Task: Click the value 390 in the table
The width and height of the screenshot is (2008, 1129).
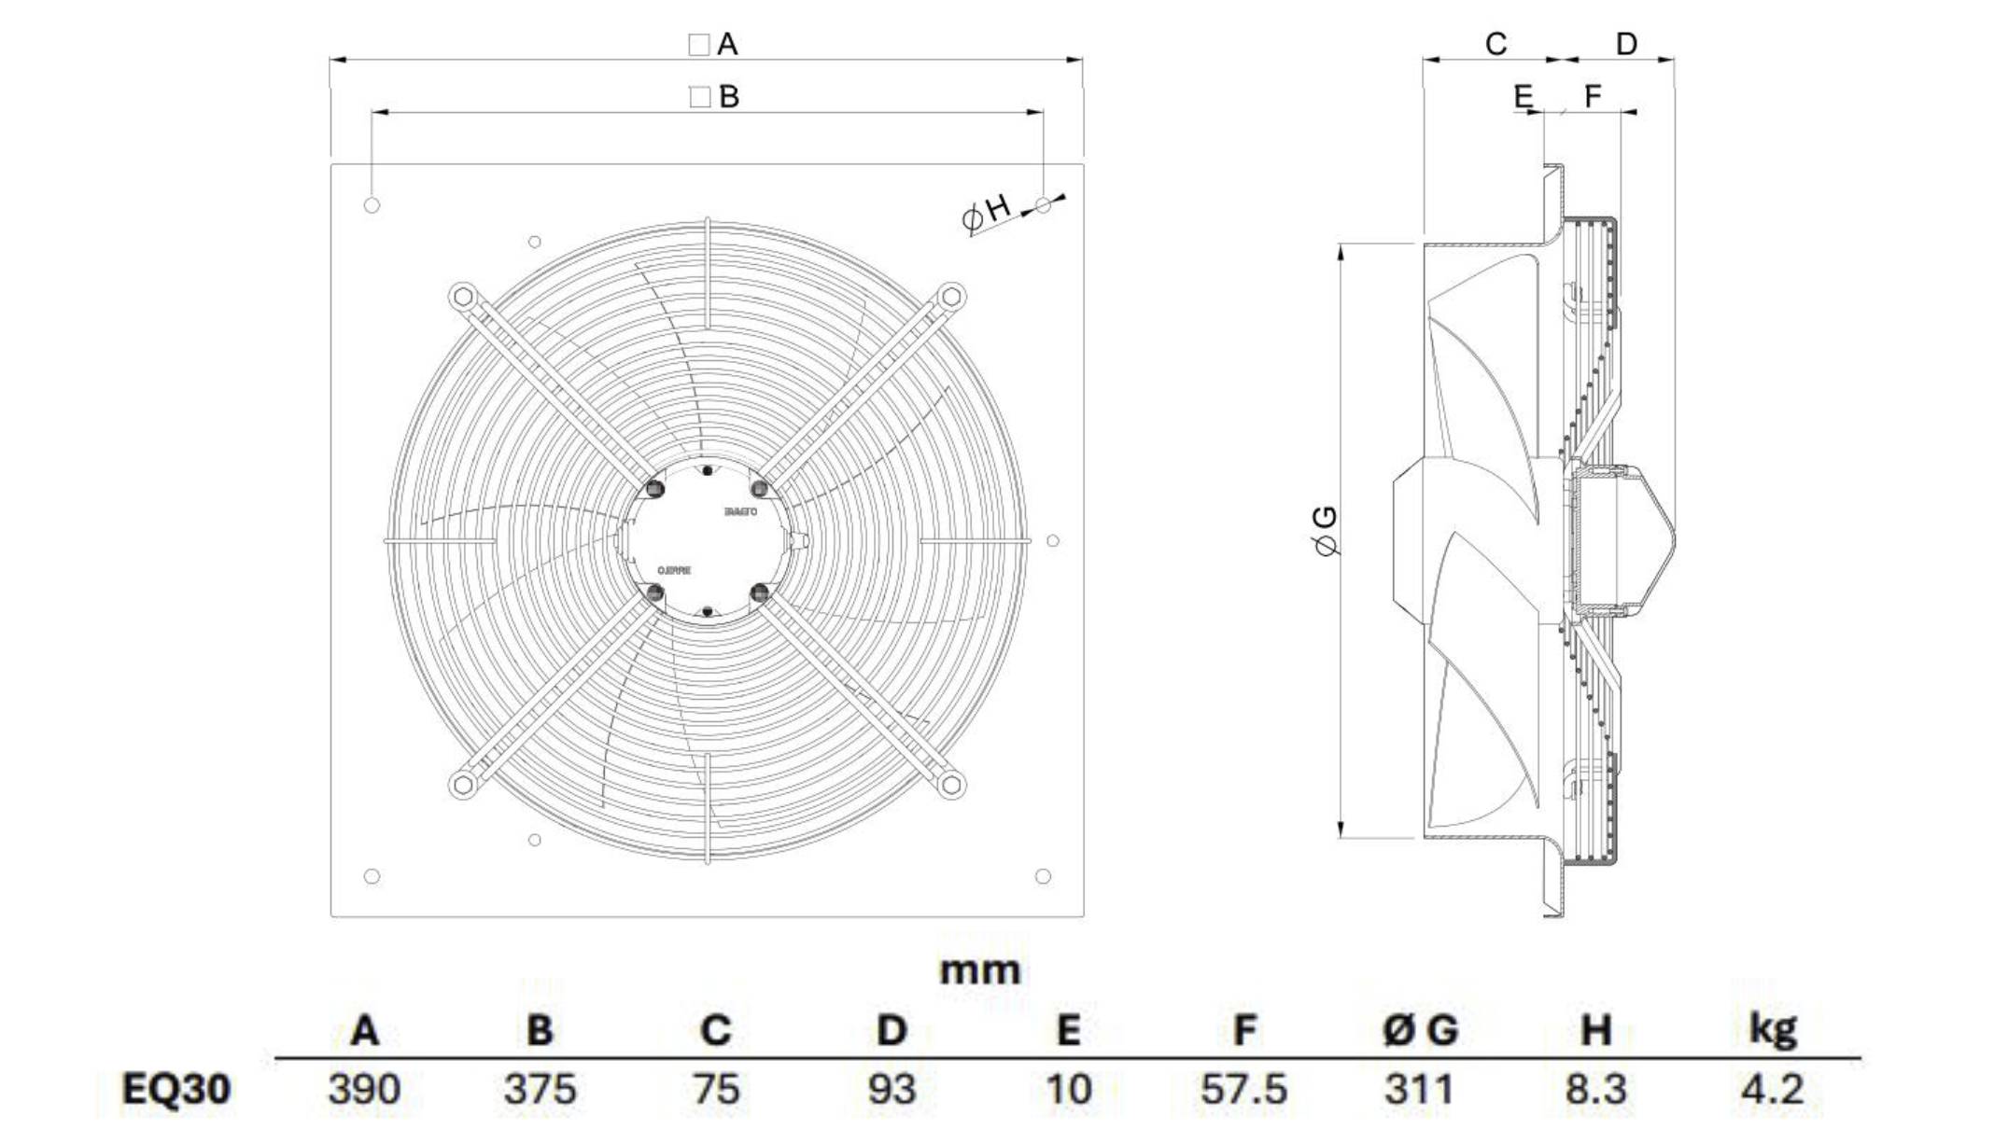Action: [364, 1089]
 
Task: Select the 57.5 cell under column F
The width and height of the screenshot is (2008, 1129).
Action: [1243, 1089]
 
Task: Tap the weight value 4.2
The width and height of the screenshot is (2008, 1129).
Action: [1772, 1089]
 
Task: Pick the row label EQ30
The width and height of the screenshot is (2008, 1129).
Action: [176, 1089]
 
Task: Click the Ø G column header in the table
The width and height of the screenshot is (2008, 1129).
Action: [1420, 1030]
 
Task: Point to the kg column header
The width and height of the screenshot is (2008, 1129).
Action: [1772, 1028]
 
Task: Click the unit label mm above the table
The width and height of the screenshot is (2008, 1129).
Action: [979, 971]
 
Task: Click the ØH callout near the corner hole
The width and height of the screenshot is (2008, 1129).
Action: [987, 212]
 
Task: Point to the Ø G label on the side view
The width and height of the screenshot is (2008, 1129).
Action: [1326, 530]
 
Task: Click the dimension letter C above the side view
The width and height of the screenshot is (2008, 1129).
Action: [1495, 44]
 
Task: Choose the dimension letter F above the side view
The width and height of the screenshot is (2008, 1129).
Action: [1593, 95]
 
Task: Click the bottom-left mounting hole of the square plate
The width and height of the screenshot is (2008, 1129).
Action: [372, 876]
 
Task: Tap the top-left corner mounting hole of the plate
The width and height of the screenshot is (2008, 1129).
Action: [372, 205]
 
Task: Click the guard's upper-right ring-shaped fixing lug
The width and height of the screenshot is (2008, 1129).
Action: [951, 298]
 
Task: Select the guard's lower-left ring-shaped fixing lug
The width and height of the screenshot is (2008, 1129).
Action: [461, 784]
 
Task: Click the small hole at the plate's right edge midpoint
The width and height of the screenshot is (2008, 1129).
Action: [1053, 540]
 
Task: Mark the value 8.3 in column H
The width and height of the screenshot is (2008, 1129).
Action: [1595, 1089]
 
